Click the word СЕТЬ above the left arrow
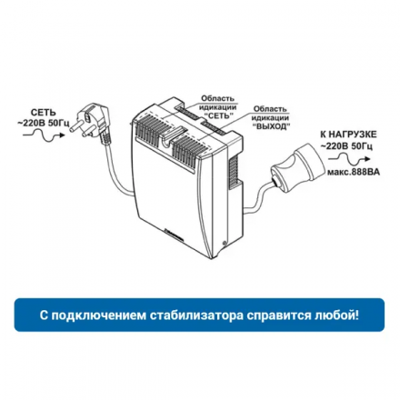pyautogui.click(x=43, y=112)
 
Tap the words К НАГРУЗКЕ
pyautogui.click(x=343, y=134)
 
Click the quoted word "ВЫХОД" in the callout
pyautogui.click(x=269, y=125)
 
